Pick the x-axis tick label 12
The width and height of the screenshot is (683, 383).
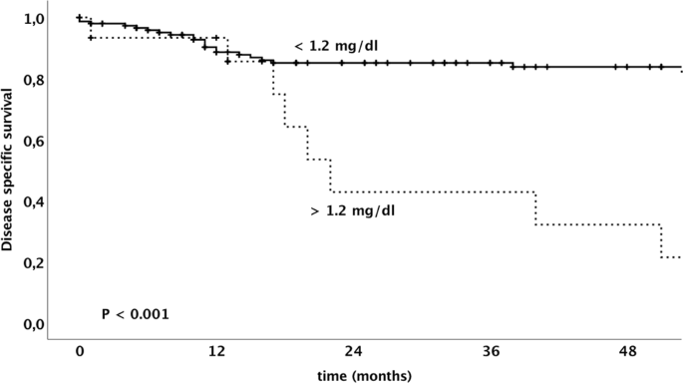211,353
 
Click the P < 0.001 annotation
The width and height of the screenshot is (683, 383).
136,314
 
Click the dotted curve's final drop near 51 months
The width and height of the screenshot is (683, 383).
661,241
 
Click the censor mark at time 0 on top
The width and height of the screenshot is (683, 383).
80,17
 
